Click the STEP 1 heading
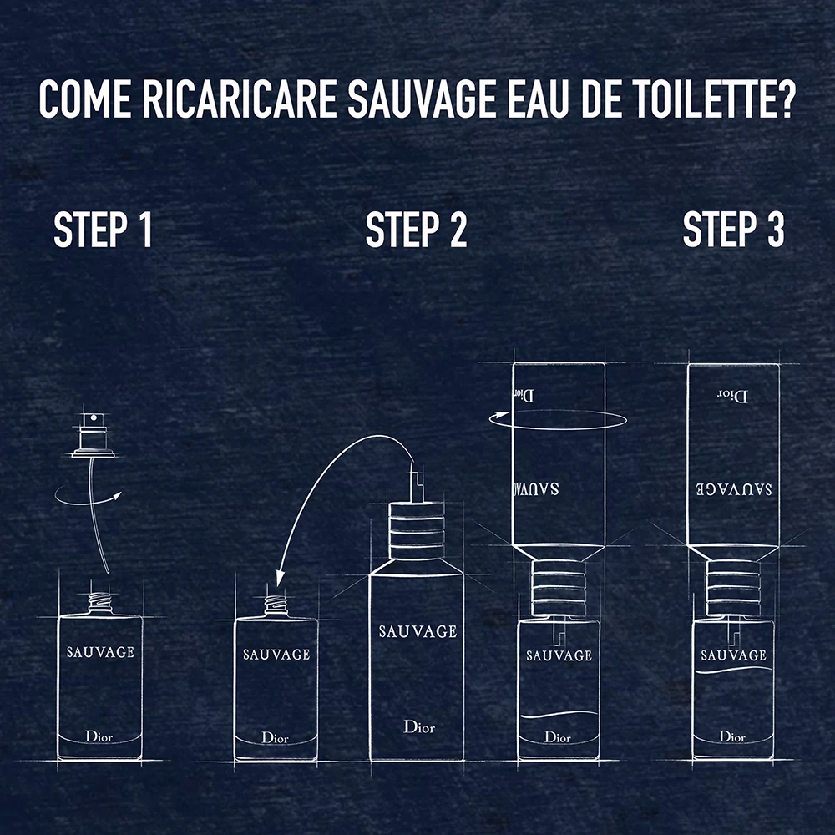[104, 230]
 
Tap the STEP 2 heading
[416, 230]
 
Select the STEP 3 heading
[733, 230]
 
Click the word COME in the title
[85, 99]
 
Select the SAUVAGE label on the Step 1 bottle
[101, 652]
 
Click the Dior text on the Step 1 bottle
[99, 736]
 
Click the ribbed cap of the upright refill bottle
[417, 530]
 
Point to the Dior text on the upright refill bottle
[419, 726]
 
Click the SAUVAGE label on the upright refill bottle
[418, 631]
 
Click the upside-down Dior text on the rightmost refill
[732, 396]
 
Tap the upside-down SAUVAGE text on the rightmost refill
[734, 488]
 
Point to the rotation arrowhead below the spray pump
[116, 496]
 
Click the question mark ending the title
[784, 99]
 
